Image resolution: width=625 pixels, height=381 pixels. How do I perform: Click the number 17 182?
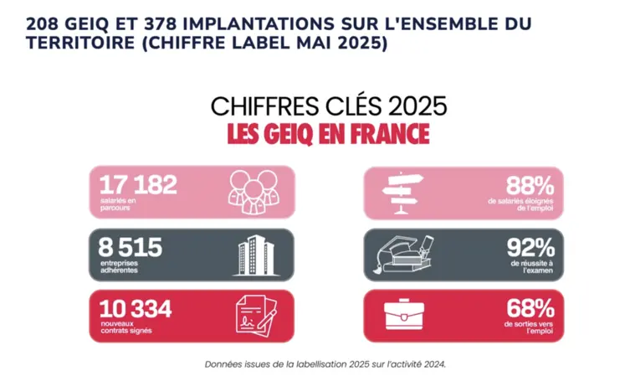click(138, 185)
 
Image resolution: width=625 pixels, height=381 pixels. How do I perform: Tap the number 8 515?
click(131, 247)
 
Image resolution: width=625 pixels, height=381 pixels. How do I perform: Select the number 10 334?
click(135, 308)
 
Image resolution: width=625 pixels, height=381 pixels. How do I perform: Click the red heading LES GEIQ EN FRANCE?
click(328, 134)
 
